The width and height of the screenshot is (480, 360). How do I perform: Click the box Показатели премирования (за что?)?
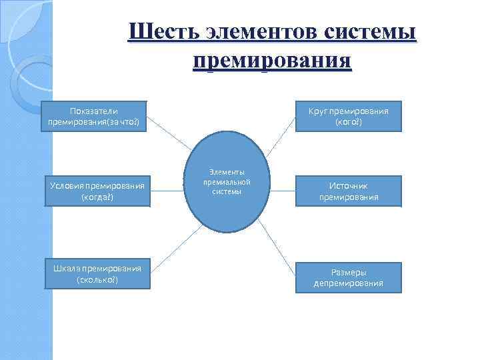(94, 117)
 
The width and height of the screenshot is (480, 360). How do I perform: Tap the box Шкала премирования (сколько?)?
(97, 274)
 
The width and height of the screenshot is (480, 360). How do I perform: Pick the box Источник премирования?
(349, 191)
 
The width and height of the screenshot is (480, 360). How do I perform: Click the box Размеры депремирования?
(349, 277)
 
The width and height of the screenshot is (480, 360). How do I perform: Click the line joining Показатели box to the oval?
(171, 133)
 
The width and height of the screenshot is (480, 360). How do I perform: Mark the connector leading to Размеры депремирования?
(277, 243)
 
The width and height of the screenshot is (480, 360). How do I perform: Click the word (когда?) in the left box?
(97, 197)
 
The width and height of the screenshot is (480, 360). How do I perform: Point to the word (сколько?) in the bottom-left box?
(97, 279)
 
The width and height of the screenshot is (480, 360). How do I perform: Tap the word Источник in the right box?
(349, 186)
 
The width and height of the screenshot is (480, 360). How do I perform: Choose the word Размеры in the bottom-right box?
(349, 271)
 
